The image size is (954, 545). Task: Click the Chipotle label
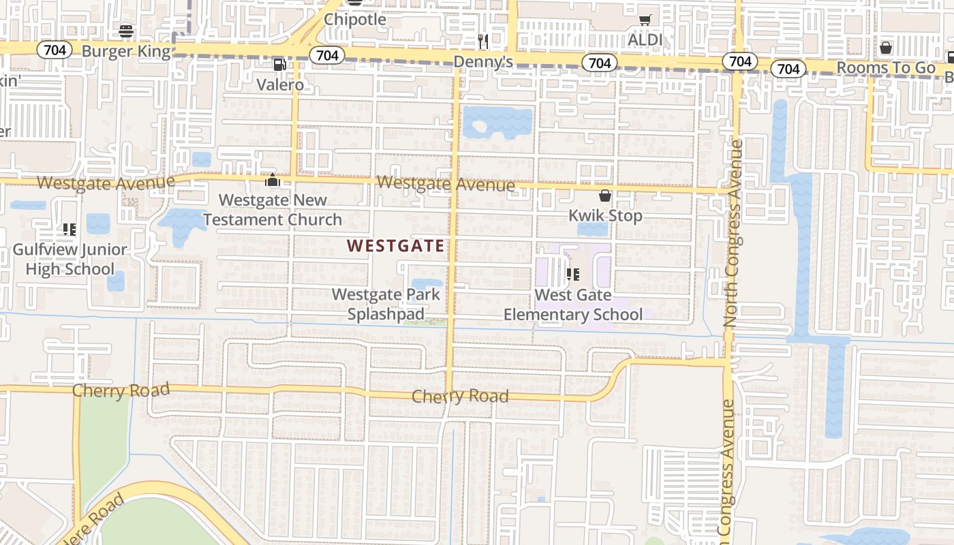pyautogui.click(x=354, y=19)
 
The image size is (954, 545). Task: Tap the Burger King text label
pyautogui.click(x=125, y=51)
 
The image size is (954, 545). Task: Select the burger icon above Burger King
pyautogui.click(x=126, y=31)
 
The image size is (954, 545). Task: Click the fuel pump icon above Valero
pyautogui.click(x=279, y=65)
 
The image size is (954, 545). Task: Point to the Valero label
pyautogui.click(x=280, y=84)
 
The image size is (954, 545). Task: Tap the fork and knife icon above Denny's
pyautogui.click(x=483, y=42)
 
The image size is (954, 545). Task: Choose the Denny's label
pyautogui.click(x=483, y=63)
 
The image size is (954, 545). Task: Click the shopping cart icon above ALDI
pyautogui.click(x=645, y=20)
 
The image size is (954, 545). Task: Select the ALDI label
pyautogui.click(x=645, y=40)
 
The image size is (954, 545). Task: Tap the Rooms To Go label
pyautogui.click(x=886, y=67)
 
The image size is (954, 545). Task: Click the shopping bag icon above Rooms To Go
pyautogui.click(x=886, y=47)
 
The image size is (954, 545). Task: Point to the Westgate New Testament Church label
pyautogui.click(x=273, y=210)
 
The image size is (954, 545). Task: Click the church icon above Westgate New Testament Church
pyautogui.click(x=273, y=181)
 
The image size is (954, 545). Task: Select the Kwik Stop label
pyautogui.click(x=605, y=216)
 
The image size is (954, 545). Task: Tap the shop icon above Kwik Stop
pyautogui.click(x=605, y=196)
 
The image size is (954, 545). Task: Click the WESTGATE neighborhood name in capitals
pyautogui.click(x=396, y=246)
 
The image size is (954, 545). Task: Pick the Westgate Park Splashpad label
pyautogui.click(x=386, y=304)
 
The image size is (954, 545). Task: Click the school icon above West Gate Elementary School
pyautogui.click(x=573, y=275)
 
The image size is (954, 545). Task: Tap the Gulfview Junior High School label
pyautogui.click(x=70, y=259)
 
